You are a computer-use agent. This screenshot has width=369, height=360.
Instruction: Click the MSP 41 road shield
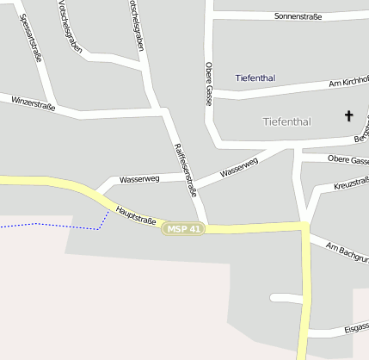coord(185,229)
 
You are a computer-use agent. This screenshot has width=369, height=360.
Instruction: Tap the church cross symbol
coord(349,115)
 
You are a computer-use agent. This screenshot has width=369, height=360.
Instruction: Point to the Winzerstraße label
coord(34,104)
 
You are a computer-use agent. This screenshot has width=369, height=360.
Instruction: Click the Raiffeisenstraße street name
coord(186,170)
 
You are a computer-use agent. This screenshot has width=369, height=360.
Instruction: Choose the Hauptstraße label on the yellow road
coord(135,215)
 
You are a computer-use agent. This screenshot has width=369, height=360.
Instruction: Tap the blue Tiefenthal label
coord(255,78)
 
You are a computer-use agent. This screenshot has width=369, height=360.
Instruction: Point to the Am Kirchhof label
coord(348,82)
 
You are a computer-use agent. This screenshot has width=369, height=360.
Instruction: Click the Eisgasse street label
coord(355,327)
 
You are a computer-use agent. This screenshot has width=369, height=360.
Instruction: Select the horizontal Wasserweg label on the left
coord(139,180)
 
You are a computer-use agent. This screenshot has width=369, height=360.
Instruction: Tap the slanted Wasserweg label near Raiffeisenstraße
coord(239,168)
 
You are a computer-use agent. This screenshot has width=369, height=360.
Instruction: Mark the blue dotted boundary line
coord(52,226)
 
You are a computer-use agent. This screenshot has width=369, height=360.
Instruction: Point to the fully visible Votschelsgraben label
coord(71,26)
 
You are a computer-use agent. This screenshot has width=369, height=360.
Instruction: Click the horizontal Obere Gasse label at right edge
coord(348,160)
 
